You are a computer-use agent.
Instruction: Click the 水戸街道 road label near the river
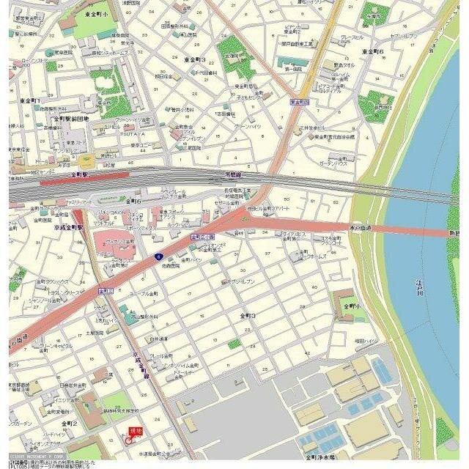click(359, 229)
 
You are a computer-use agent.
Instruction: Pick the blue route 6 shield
click(157, 256)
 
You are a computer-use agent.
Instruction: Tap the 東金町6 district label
click(372, 52)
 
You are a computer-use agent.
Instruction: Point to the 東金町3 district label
click(195, 60)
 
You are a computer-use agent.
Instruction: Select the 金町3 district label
click(248, 314)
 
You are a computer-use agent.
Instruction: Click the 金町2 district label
click(70, 424)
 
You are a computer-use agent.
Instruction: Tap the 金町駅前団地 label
click(70, 118)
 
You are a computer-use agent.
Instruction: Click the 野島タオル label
click(343, 65)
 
